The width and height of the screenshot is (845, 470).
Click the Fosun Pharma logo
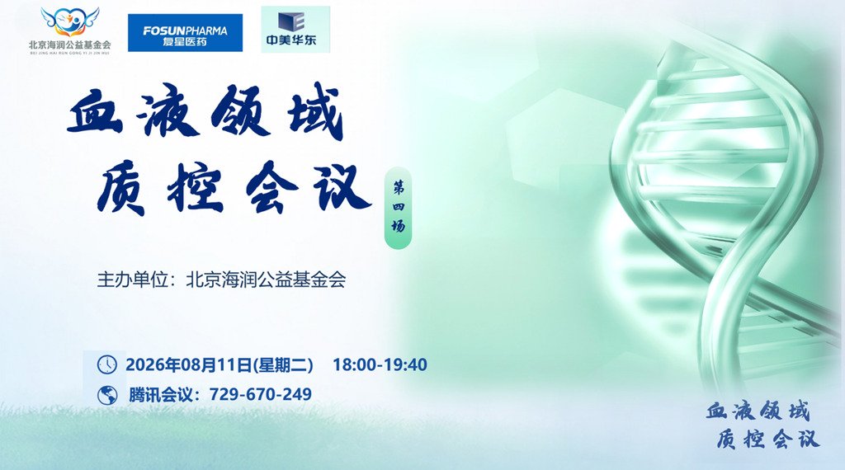(185, 33)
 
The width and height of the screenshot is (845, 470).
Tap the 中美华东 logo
(295, 30)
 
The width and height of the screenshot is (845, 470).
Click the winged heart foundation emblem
(70, 22)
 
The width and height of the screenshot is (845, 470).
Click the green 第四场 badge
(399, 208)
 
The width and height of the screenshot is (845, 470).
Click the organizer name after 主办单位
(266, 280)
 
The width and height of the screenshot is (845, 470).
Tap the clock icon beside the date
(106, 364)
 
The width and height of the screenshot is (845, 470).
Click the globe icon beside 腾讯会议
(106, 395)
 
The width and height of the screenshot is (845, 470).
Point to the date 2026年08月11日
(189, 364)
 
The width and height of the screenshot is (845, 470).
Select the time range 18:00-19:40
(380, 364)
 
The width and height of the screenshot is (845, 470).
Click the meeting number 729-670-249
(260, 394)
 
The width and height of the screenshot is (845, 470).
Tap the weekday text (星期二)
(284, 364)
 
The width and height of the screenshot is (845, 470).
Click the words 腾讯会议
(161, 395)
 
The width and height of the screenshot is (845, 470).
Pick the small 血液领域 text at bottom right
(758, 411)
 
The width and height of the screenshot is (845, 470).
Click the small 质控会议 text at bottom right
(768, 439)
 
